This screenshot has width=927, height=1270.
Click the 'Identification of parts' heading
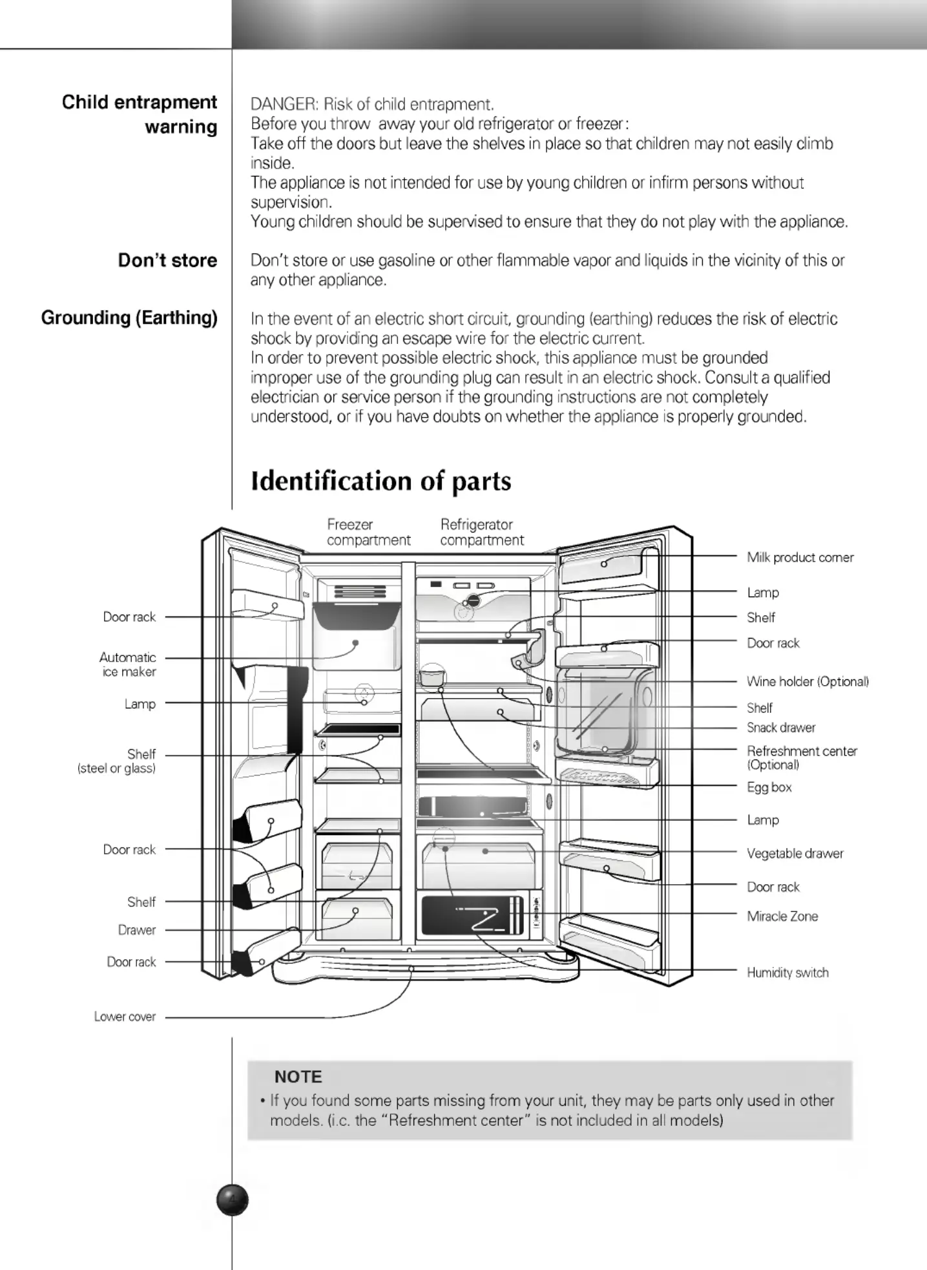pos(380,482)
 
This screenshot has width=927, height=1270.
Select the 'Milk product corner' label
pos(800,557)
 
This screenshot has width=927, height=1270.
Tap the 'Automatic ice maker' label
pos(127,664)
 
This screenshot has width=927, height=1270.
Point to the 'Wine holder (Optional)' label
pos(807,681)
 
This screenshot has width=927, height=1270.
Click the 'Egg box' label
pos(769,787)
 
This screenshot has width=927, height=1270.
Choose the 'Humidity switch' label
pos(787,973)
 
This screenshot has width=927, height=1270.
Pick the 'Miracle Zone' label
pos(782,916)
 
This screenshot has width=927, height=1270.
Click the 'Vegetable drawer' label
pos(795,853)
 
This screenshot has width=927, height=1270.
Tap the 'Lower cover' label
pos(125,1017)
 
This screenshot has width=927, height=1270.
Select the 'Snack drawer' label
pos(781,728)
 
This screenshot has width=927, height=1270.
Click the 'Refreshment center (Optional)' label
pos(802,757)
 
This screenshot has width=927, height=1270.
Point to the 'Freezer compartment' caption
pos(368,533)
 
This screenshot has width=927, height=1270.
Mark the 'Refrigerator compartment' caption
pos(482,533)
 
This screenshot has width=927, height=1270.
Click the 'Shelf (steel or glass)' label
pos(116,761)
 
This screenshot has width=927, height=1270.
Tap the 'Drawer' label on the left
pos(137,930)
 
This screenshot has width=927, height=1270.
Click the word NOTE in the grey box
pos(298,1077)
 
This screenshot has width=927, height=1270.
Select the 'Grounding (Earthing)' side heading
pos(129,318)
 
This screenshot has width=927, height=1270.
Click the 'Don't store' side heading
pos(167,260)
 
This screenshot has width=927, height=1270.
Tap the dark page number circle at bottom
pos(233,1200)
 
